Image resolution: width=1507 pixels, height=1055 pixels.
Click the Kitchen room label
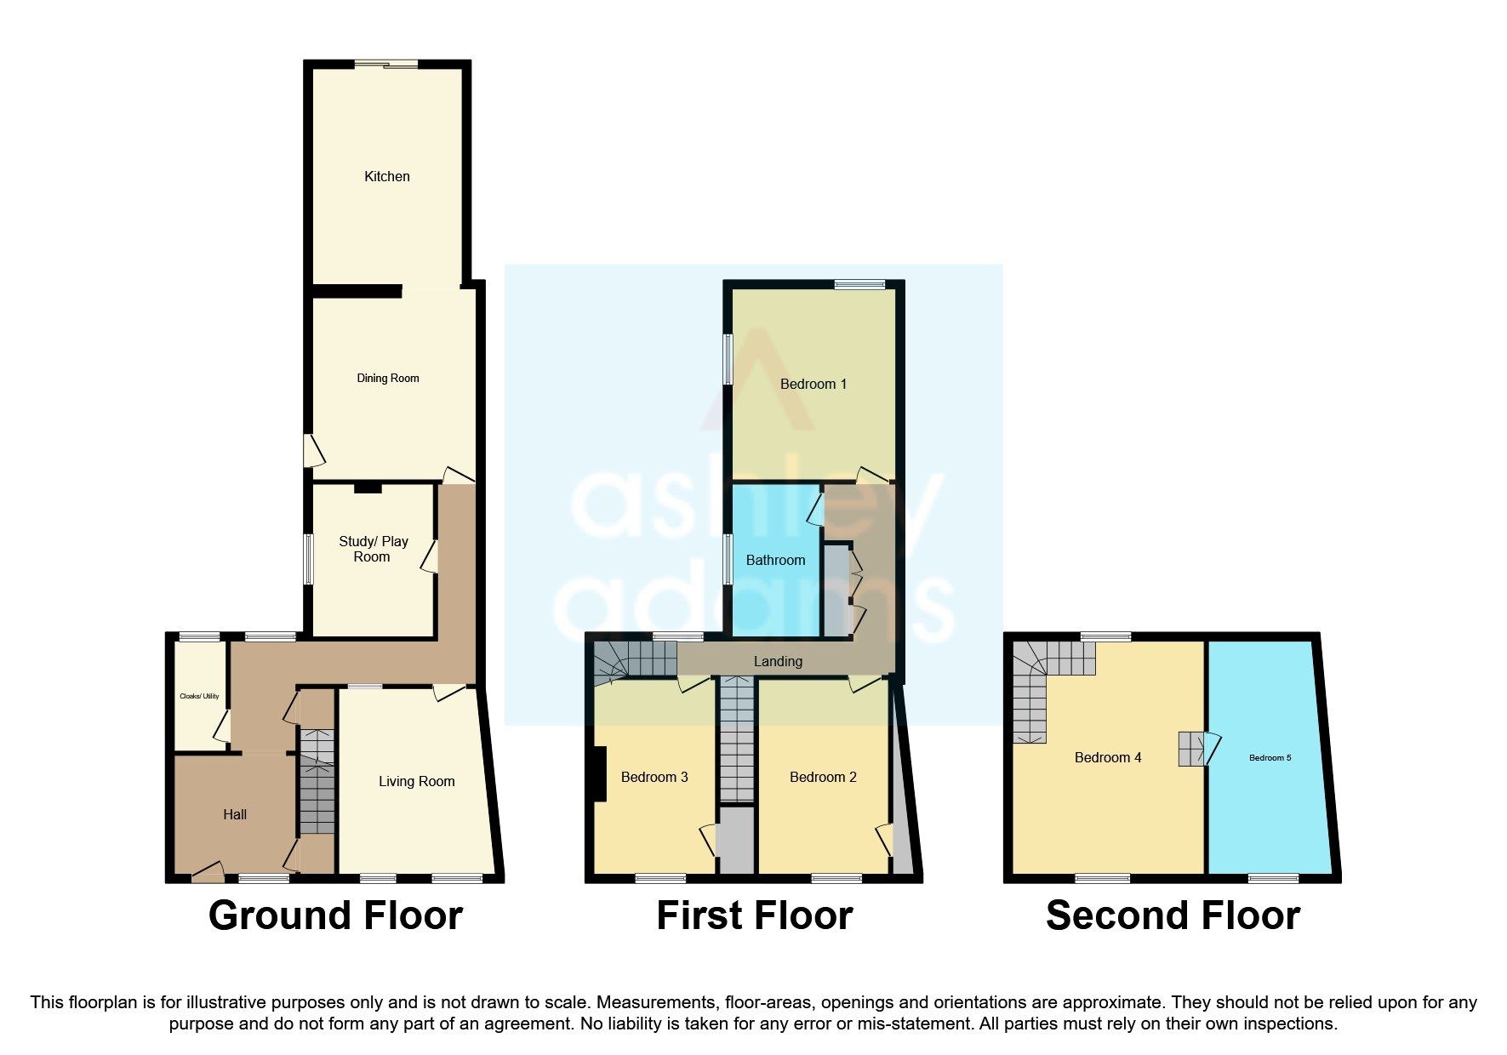tap(387, 176)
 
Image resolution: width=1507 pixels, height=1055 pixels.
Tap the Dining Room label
tap(387, 378)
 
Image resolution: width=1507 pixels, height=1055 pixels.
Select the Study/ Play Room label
tap(373, 549)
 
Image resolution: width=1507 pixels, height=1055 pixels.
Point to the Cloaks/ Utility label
tap(199, 696)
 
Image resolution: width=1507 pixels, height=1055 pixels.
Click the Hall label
tap(235, 814)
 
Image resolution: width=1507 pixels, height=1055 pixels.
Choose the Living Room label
tap(416, 781)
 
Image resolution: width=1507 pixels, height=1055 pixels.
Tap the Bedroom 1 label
tap(813, 384)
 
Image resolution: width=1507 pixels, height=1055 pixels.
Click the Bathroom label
tap(775, 560)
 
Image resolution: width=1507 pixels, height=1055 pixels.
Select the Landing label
tap(778, 661)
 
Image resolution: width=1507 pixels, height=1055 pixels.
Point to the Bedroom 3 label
tap(654, 777)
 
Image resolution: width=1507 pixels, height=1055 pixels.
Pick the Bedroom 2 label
tap(823, 777)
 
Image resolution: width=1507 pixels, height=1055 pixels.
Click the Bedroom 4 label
tap(1107, 757)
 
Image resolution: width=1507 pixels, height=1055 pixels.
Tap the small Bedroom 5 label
tap(1270, 757)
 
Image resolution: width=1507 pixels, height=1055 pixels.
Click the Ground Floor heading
tap(335, 915)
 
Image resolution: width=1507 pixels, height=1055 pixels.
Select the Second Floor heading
tap(1173, 915)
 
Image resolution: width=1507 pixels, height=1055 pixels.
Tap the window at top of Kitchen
tap(387, 64)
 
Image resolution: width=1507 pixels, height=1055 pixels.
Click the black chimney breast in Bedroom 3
tap(600, 773)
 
